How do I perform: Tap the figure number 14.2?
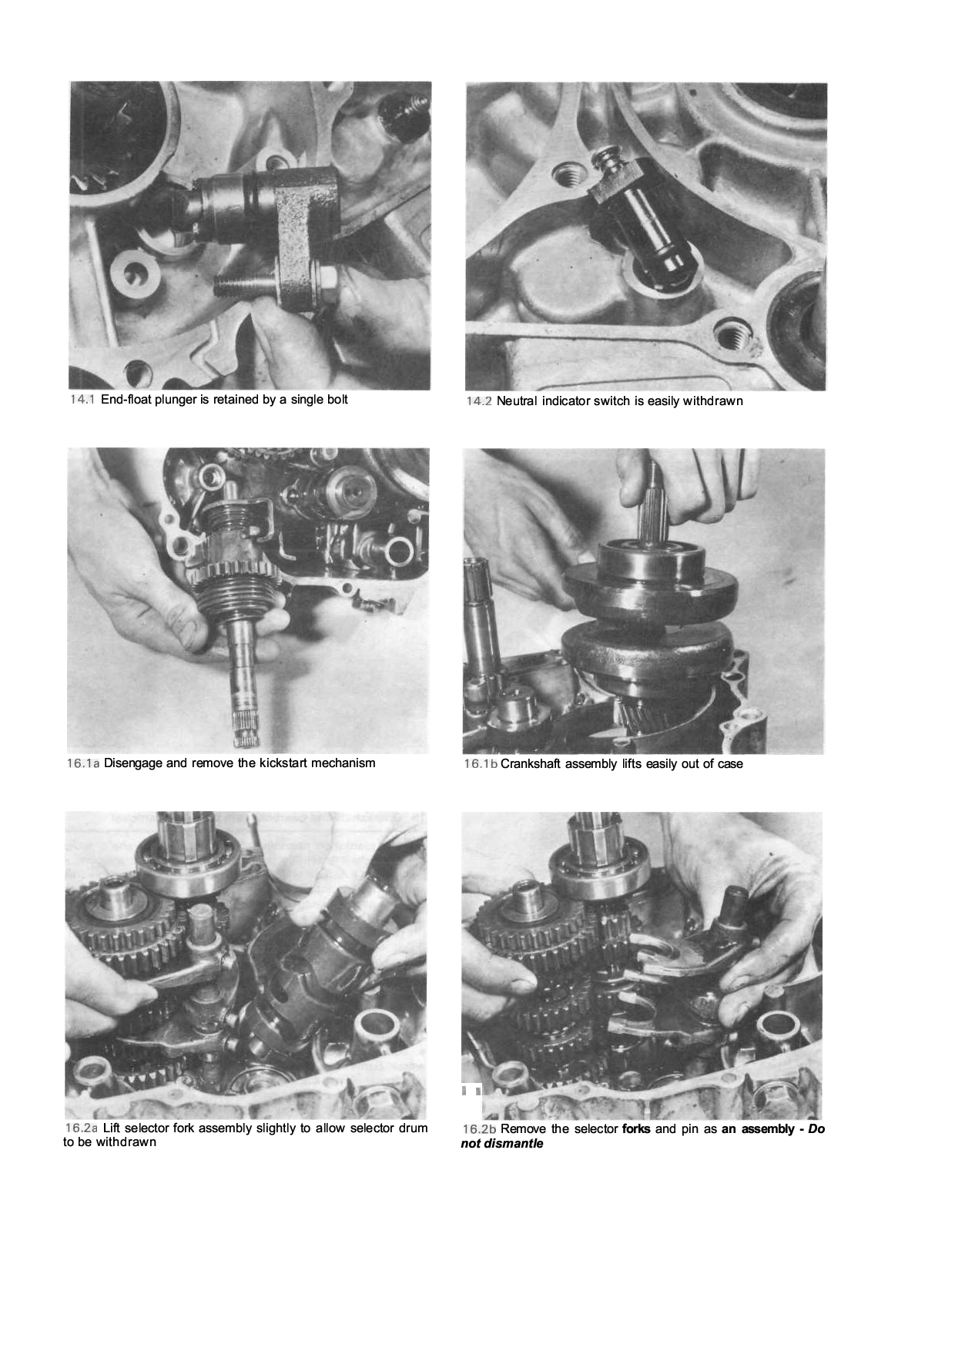[478, 401]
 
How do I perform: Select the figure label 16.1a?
[83, 763]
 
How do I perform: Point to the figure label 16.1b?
[481, 764]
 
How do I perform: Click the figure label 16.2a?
[81, 1128]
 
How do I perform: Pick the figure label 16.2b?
[479, 1129]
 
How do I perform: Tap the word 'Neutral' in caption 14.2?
[518, 401]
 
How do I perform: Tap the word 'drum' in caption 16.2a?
[414, 1128]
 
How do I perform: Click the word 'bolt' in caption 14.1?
[337, 400]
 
